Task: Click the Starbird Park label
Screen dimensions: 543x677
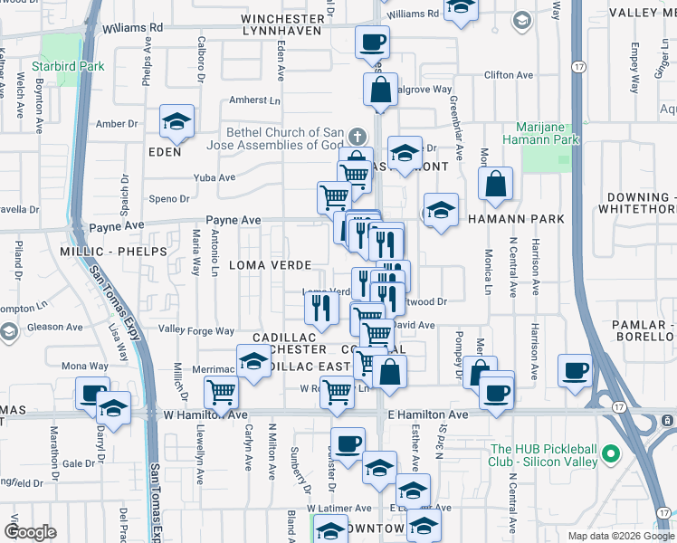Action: point(68,66)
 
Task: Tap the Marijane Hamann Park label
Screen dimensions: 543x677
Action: point(547,133)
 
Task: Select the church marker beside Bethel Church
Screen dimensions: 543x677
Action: point(358,137)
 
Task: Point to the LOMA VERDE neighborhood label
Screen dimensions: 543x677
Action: point(271,264)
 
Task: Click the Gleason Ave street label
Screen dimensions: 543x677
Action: point(57,327)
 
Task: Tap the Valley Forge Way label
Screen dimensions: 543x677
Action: point(196,331)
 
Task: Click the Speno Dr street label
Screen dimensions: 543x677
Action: point(168,199)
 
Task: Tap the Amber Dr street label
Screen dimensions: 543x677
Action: point(116,123)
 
